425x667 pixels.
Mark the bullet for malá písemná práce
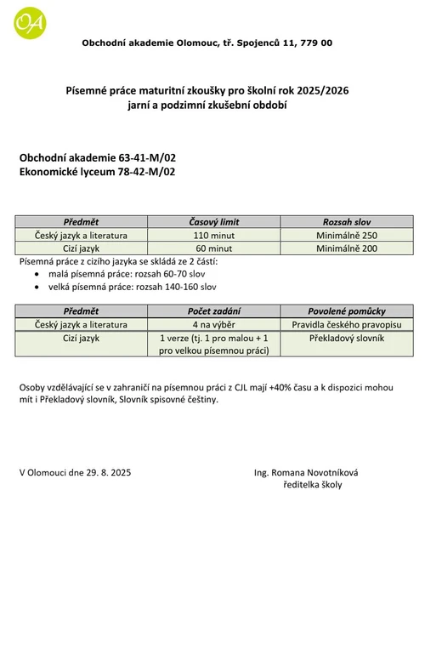(34, 275)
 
